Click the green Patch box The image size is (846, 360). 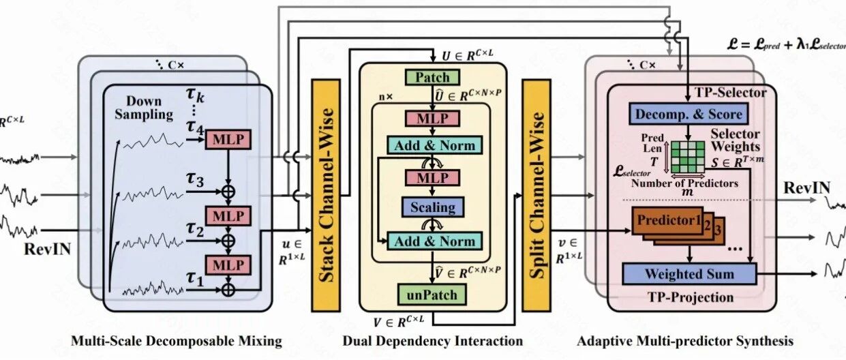pyautogui.click(x=432, y=77)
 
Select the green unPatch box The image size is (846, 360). pyautogui.click(x=432, y=295)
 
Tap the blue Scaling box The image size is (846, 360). pyautogui.click(x=432, y=207)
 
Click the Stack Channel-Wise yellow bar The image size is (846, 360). pyautogui.click(x=326, y=195)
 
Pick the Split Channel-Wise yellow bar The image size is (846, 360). pyautogui.click(x=537, y=195)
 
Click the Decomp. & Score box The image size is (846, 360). pyautogui.click(x=688, y=114)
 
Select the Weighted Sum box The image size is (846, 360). pyautogui.click(x=689, y=274)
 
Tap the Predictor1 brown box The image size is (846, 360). pyautogui.click(x=667, y=220)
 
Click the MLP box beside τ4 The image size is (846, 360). pyautogui.click(x=228, y=139)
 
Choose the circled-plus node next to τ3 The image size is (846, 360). pyautogui.click(x=228, y=192)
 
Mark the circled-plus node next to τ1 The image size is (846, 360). pyautogui.click(x=228, y=290)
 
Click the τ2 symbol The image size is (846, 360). pyautogui.click(x=195, y=230)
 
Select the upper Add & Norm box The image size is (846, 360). pyautogui.click(x=434, y=145)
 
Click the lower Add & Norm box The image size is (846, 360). pyautogui.click(x=434, y=241)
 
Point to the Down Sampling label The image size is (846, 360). pyautogui.click(x=144, y=108)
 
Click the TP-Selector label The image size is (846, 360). pyautogui.click(x=730, y=93)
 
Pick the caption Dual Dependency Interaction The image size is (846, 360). pyautogui.click(x=432, y=341)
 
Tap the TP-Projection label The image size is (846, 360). pyautogui.click(x=691, y=297)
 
